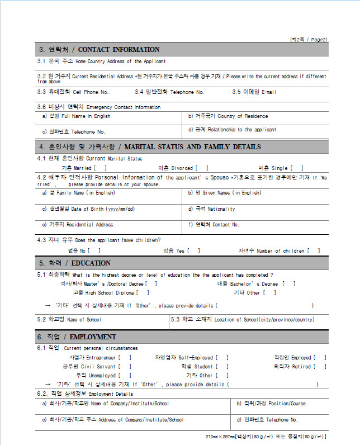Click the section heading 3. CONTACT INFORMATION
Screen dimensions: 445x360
(x=98, y=50)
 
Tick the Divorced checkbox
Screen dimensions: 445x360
(x=202, y=168)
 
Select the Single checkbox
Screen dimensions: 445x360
(x=297, y=168)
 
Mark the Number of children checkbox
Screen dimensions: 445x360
(x=314, y=251)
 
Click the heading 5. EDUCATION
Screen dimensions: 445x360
(x=74, y=263)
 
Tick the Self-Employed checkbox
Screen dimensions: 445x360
(x=222, y=358)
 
